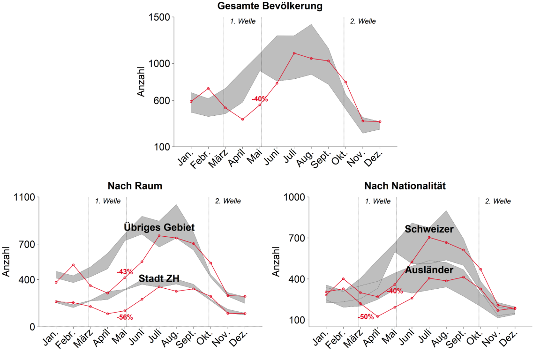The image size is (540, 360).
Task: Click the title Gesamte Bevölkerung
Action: pos(270,6)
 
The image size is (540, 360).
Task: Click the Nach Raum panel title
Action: pos(135,186)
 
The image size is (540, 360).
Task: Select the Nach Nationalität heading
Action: pos(405,186)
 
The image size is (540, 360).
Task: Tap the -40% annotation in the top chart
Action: pos(260,99)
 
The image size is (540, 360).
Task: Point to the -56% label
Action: pos(125,317)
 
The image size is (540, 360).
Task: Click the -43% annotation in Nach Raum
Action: pos(125,271)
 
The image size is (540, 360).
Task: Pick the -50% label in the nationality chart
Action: pos(366,317)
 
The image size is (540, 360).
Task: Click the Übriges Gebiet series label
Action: pos(159,227)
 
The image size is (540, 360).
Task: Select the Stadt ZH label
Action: pos(159,278)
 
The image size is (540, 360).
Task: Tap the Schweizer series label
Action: pos(429,229)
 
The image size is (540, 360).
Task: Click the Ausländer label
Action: pos(429,270)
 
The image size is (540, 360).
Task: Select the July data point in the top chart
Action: pos(294,53)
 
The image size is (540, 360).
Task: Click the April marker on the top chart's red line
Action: pos(242,120)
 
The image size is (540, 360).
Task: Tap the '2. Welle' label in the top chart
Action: pos(362,21)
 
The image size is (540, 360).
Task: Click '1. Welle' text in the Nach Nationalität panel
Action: pos(378,202)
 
